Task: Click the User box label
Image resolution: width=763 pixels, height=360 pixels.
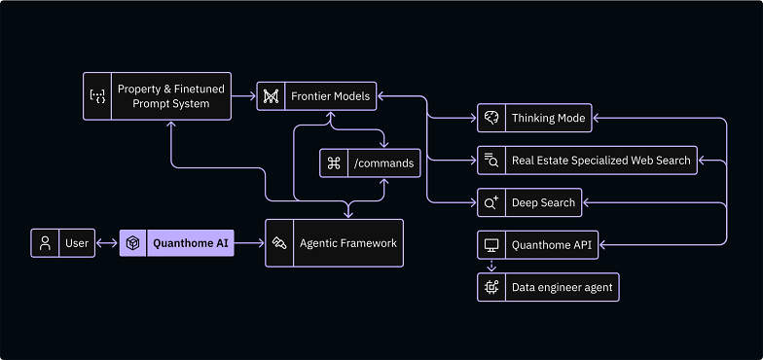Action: point(77,243)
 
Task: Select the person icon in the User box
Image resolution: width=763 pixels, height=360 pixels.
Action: point(45,243)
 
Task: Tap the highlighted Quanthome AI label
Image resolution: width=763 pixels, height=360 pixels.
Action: point(191,243)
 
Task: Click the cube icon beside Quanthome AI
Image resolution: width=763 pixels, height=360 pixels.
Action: point(132,243)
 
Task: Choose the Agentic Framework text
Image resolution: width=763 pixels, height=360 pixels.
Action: point(348,243)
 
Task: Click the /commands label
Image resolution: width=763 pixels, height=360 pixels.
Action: point(384,163)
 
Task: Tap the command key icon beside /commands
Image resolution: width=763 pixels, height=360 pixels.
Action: point(333,163)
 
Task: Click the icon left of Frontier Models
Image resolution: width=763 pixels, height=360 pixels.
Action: point(271,96)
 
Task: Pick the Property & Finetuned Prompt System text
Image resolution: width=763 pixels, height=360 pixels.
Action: point(170,96)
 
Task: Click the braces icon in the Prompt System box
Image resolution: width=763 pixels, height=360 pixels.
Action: point(97,96)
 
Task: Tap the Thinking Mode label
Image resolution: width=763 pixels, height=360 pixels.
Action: point(548,119)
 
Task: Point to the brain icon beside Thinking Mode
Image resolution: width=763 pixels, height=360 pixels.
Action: point(491,119)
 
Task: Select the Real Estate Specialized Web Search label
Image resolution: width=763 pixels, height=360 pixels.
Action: point(600,161)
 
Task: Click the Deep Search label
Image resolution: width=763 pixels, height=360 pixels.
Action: point(543,203)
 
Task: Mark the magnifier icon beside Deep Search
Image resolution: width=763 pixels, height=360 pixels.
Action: point(491,203)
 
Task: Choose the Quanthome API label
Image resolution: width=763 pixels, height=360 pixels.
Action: point(551,245)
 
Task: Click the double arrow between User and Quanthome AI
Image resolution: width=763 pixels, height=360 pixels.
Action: point(107,243)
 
